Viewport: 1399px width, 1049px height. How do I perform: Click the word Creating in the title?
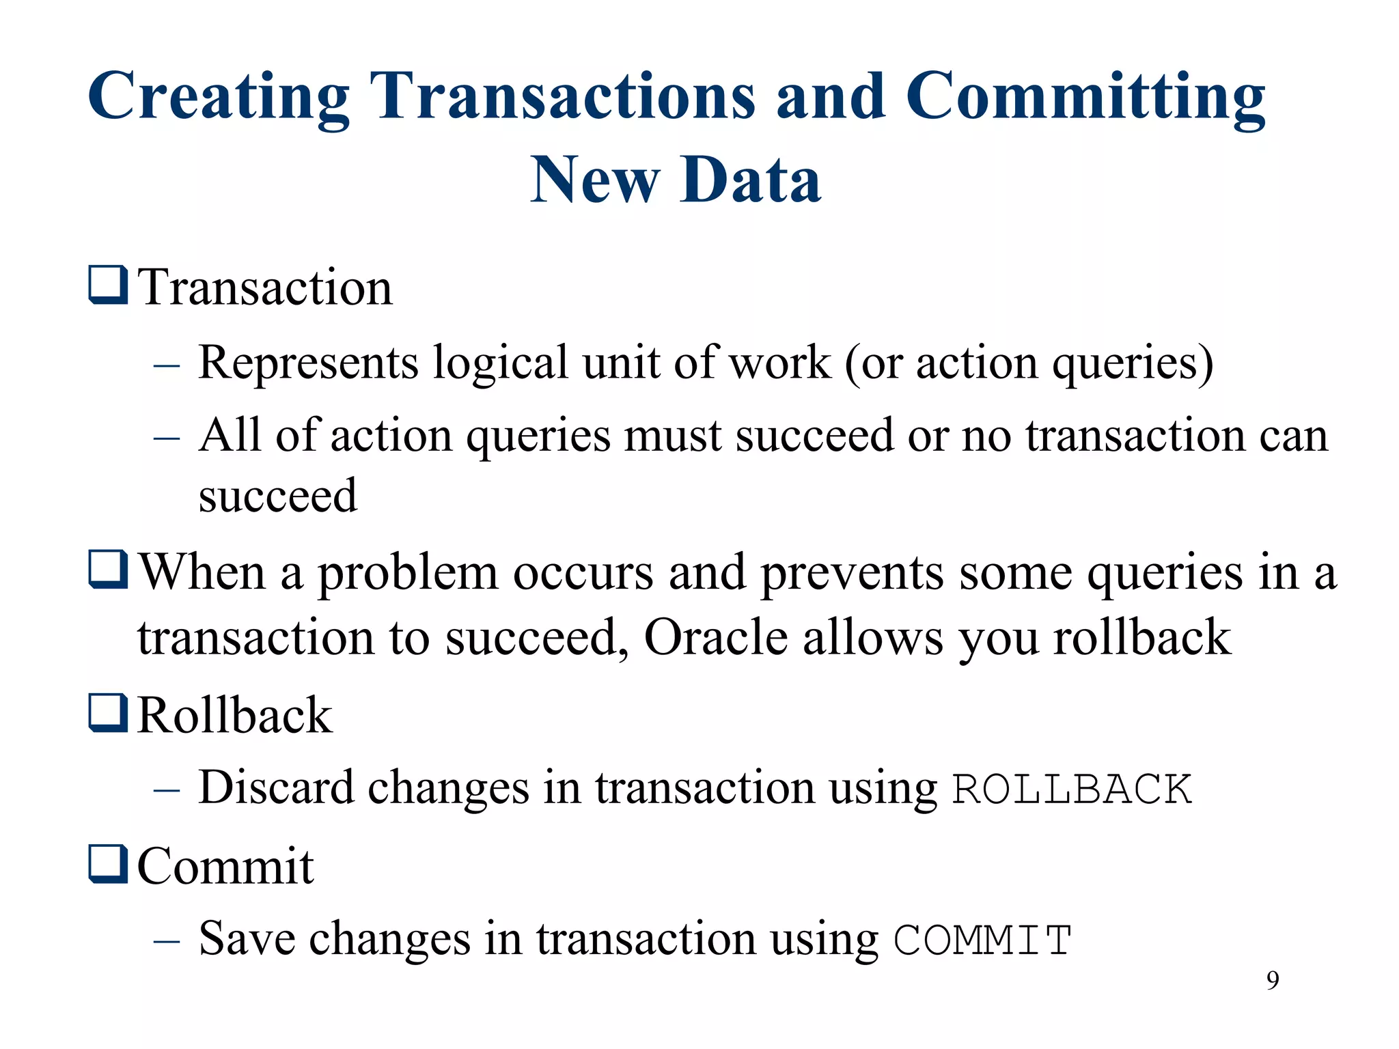pyautogui.click(x=219, y=97)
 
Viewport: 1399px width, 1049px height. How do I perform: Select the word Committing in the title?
pyautogui.click(x=1085, y=97)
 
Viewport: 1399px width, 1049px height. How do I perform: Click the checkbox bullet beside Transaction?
pyautogui.click(x=108, y=285)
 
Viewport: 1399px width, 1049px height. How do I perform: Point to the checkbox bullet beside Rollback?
pyautogui.click(x=108, y=713)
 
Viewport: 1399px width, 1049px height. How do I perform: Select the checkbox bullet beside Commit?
pyautogui.click(x=108, y=864)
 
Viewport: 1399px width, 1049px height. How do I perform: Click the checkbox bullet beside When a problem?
pyautogui.click(x=108, y=570)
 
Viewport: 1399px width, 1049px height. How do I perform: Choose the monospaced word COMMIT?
pyautogui.click(x=982, y=940)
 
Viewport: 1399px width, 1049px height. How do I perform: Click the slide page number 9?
pyautogui.click(x=1273, y=981)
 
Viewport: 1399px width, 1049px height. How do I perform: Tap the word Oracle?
pyautogui.click(x=716, y=637)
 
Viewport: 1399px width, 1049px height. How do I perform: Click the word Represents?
pyautogui.click(x=308, y=363)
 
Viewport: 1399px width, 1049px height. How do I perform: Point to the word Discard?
pyautogui.click(x=276, y=787)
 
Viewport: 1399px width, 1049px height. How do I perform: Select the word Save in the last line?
pyautogui.click(x=247, y=938)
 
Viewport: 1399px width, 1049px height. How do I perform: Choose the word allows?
pyautogui.click(x=873, y=637)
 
